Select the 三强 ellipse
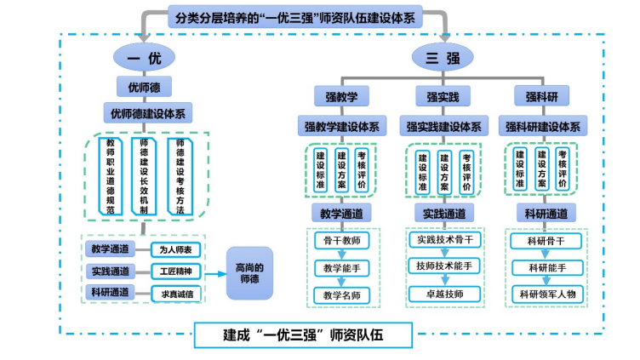coord(443,57)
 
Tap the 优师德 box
coord(145,87)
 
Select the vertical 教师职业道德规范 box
coord(109,172)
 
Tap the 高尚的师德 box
coord(249,272)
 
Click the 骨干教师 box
coord(341,241)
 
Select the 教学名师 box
coord(341,295)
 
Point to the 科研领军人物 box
coord(547,294)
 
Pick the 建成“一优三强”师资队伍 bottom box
coord(304,334)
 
